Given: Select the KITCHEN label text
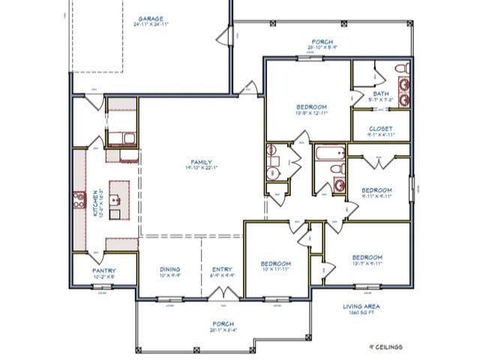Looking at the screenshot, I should coord(95,202).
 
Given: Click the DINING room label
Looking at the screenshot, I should coord(169,270).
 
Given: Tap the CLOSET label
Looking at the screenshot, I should coord(380,128).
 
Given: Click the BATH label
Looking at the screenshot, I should coord(380,93).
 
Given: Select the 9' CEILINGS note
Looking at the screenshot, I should coord(385,347).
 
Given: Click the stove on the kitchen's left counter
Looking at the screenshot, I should coord(78,199).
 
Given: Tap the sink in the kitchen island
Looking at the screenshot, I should coord(116,200).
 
